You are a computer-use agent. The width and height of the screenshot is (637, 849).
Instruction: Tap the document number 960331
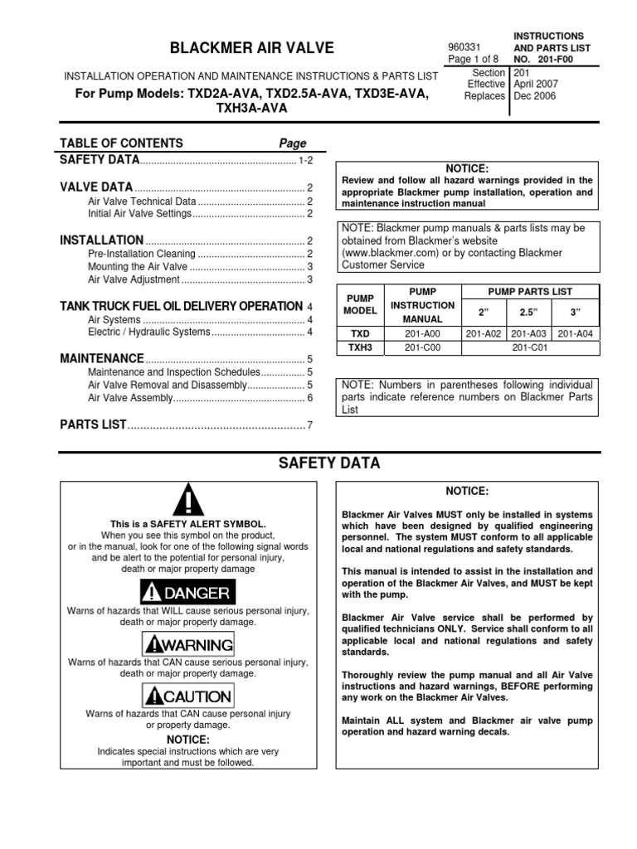coord(463,46)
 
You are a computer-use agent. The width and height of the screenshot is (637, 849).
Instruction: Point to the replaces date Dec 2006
coord(535,96)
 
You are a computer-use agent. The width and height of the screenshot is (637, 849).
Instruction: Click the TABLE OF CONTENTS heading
coord(121,143)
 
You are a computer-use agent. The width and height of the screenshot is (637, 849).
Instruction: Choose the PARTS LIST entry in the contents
coord(93,425)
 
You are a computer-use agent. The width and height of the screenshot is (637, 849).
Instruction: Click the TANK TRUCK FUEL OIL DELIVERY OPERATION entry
coord(181,306)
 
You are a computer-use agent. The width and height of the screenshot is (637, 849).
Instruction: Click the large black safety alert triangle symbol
coord(189,502)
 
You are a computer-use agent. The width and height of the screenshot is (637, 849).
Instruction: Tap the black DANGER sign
coord(188,593)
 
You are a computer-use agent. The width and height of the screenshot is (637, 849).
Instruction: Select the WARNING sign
coord(188,644)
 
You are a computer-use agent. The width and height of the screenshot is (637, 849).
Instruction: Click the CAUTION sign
coord(188,696)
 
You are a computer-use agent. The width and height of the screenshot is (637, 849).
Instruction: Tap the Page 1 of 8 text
coord(474,60)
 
